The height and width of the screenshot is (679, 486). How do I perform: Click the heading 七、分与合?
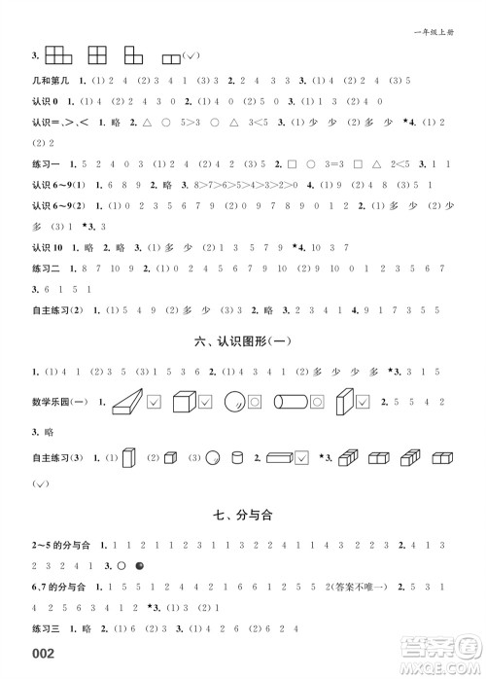pos(243,515)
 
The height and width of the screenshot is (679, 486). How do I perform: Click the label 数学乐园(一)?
pos(60,401)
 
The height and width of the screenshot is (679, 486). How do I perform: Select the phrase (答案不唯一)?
pos(365,587)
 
